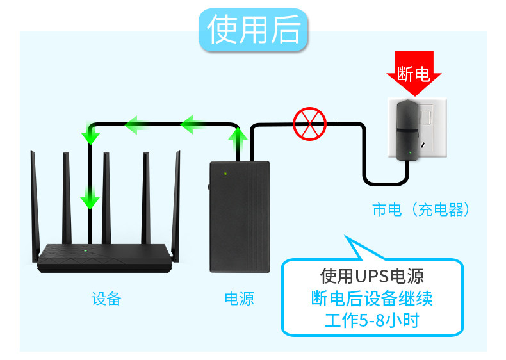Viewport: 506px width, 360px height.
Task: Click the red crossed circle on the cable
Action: (309, 124)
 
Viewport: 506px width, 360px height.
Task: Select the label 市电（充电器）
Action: (421, 209)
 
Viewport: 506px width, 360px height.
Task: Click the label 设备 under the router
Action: (106, 299)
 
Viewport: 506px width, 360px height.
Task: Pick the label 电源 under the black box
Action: (239, 299)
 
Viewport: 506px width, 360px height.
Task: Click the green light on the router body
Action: (85, 249)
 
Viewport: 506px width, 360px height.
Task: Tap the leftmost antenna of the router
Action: (35, 199)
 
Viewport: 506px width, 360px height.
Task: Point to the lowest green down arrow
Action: (90, 200)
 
